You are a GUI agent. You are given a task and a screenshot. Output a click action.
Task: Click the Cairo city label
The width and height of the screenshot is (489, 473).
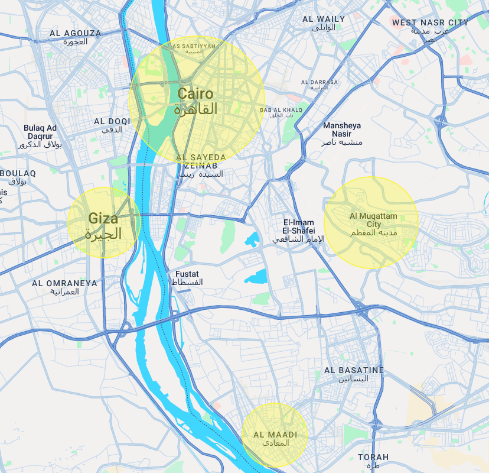195,101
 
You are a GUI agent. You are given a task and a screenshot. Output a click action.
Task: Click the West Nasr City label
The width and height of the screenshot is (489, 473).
430,27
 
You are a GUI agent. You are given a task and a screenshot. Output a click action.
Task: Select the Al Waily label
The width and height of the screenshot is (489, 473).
323,23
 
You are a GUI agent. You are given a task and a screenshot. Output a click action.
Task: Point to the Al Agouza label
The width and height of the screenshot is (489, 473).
75,37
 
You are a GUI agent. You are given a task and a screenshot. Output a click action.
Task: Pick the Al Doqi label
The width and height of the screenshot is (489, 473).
112,125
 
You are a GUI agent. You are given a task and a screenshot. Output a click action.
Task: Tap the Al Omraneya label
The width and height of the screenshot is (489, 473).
64,287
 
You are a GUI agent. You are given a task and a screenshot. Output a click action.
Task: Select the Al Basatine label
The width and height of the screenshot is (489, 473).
354,374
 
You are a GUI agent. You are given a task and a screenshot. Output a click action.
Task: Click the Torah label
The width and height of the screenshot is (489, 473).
373,461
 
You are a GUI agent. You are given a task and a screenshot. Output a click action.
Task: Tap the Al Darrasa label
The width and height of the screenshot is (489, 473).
319,85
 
